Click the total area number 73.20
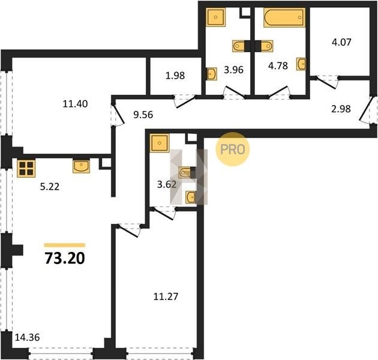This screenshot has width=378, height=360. point(65,258)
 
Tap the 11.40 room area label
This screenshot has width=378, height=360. point(75,104)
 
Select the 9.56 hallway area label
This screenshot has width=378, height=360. point(143,115)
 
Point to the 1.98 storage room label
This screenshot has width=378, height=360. point(175,76)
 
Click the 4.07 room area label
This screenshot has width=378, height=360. point(341,42)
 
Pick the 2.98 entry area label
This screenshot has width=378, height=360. point(341,109)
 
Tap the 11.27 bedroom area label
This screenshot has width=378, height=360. point(166,296)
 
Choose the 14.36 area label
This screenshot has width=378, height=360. point(27,337)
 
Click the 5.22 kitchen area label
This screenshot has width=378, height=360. point(50,187)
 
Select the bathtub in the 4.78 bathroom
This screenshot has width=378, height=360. point(284,17)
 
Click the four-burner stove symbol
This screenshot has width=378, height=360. point(26,169)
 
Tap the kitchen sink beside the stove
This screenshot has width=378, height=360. point(81,166)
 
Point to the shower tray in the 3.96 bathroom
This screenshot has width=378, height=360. point(216,17)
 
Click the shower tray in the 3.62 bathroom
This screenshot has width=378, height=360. point(160,143)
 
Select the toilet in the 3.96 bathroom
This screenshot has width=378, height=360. point(239,46)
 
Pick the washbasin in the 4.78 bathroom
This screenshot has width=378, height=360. point(301,64)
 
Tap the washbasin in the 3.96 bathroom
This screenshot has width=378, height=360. point(212,74)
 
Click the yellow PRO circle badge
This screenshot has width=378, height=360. point(232,149)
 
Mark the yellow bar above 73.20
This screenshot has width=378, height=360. point(65,245)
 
